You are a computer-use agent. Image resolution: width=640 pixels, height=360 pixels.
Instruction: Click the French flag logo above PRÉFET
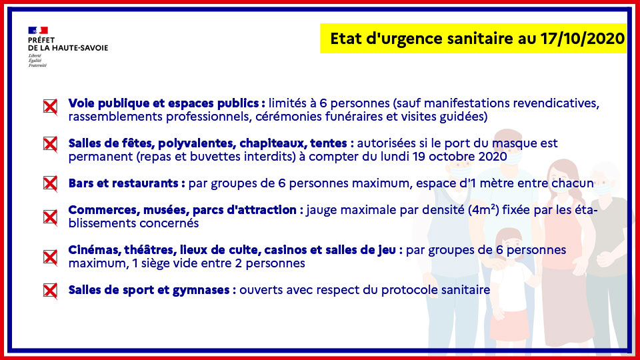[x=38, y=30]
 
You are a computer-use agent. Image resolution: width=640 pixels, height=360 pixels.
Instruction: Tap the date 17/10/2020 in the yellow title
[x=583, y=39]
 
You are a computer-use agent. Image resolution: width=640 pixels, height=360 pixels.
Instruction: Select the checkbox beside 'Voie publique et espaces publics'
[x=50, y=107]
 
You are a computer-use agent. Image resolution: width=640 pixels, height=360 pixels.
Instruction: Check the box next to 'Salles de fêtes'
[x=50, y=144]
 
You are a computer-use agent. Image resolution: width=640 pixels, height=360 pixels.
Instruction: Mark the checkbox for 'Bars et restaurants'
[x=50, y=184]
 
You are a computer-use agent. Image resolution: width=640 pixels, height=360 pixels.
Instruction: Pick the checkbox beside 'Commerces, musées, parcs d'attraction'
[x=50, y=217]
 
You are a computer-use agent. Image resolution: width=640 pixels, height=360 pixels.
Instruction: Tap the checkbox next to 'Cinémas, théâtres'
[x=50, y=257]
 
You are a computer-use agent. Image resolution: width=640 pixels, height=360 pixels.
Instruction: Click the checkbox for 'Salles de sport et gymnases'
[x=50, y=291]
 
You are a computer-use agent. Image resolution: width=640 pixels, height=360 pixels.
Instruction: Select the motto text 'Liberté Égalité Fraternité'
[x=37, y=61]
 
